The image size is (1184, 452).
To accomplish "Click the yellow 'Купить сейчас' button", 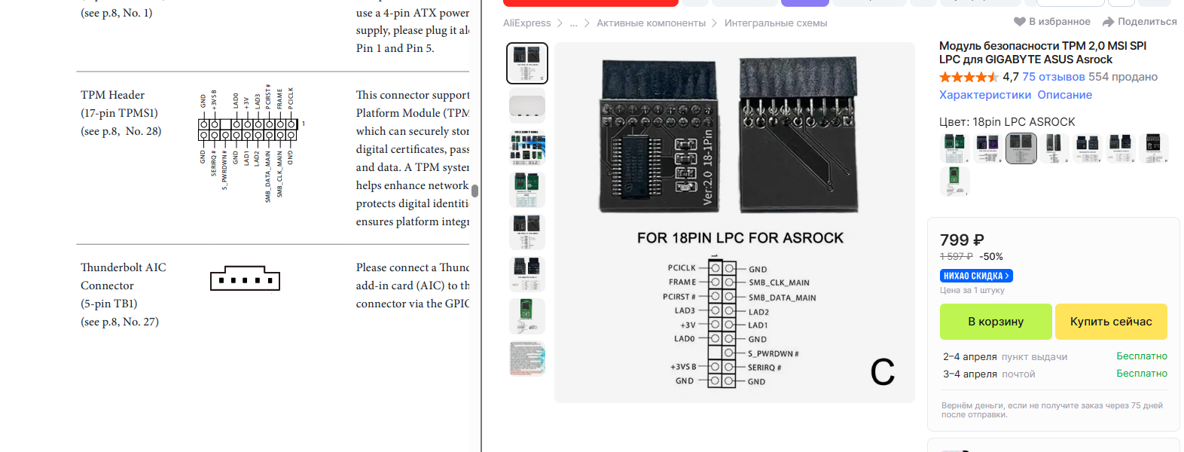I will pos(1111,322).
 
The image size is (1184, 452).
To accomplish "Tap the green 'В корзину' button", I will pos(995,322).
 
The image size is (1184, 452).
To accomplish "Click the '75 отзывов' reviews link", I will pos(1053,77).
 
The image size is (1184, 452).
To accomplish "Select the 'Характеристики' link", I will pos(984,95).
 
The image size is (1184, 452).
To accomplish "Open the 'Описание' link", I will pos(1064,95).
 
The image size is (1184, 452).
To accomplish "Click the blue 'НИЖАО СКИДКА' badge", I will pos(976,276).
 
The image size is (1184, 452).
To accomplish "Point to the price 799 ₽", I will pos(962,240).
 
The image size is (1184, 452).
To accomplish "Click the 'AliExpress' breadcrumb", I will pos(526,23).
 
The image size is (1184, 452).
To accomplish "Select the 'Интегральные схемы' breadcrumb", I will pos(775,23).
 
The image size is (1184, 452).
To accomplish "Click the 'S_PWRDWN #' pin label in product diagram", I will pos(773,353).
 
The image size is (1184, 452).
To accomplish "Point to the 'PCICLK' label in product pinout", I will pos(682,267).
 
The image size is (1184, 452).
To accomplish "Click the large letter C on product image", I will pos(882,371).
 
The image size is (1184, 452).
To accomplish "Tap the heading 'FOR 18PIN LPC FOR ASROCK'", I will pos(740,238).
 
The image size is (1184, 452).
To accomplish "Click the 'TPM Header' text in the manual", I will pos(113,95).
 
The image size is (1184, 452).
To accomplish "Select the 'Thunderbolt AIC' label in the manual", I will pos(124,267).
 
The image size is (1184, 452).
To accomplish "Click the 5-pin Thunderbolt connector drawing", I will pos(245,279).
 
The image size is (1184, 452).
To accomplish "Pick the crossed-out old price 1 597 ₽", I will pos(956,257).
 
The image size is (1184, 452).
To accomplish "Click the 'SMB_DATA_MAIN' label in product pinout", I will pos(782,298).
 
